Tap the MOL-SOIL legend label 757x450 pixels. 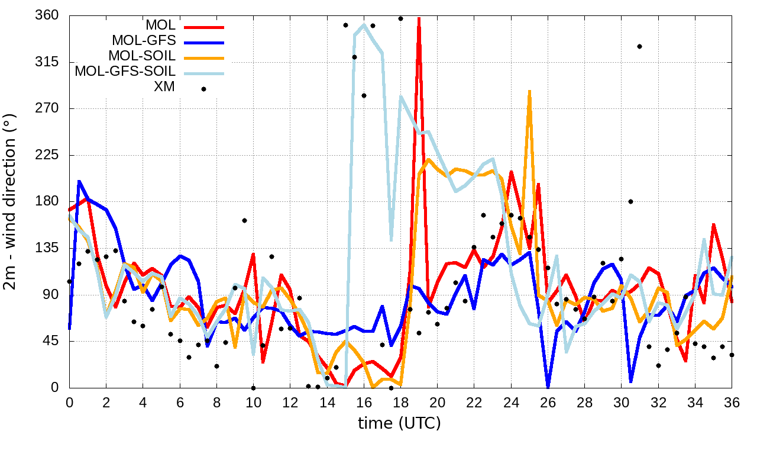tap(142, 56)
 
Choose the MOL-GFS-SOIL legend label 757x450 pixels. tap(125, 72)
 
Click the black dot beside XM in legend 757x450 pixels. tap(203, 89)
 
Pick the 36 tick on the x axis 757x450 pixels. tap(732, 401)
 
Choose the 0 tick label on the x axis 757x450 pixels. tap(69, 401)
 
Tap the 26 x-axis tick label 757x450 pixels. tap(548, 401)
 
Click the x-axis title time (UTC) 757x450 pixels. tap(399, 423)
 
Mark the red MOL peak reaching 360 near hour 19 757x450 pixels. tap(419, 19)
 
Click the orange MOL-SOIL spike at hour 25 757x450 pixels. tap(529, 92)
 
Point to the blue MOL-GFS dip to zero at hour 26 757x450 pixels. tap(548, 386)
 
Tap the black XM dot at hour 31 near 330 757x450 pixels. tap(639, 46)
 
